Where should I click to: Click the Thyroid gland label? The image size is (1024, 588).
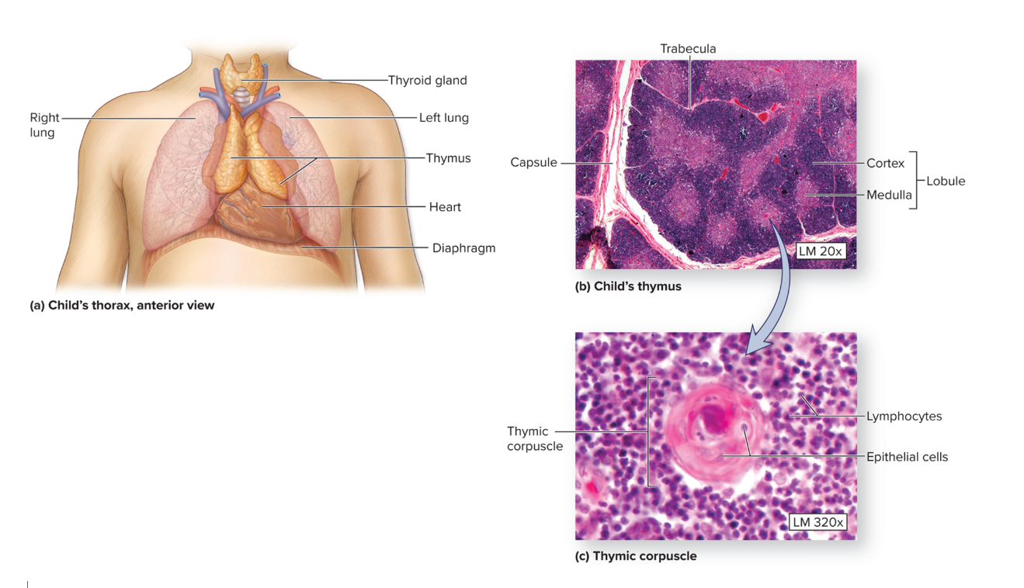[x=427, y=80]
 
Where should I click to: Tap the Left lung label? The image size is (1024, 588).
[x=443, y=118]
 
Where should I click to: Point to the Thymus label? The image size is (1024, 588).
[x=448, y=158]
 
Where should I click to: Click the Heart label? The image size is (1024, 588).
[x=445, y=207]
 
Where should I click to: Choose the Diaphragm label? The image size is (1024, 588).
[x=463, y=248]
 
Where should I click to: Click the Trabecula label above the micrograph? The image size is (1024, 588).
[x=688, y=49]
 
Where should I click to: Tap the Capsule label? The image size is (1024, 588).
[x=533, y=163]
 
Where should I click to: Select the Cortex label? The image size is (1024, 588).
[x=885, y=164]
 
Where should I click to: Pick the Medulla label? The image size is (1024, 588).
[x=889, y=195]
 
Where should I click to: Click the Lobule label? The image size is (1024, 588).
[x=945, y=181]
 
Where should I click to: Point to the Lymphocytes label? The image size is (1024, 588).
[x=904, y=417]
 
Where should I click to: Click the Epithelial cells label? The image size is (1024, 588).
[x=907, y=457]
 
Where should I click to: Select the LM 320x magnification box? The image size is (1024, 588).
[x=817, y=522]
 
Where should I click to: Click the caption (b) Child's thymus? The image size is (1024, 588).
[x=627, y=286]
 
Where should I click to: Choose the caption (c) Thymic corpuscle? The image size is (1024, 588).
[x=635, y=556]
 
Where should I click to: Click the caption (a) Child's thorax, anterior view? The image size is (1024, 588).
[x=122, y=306]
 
